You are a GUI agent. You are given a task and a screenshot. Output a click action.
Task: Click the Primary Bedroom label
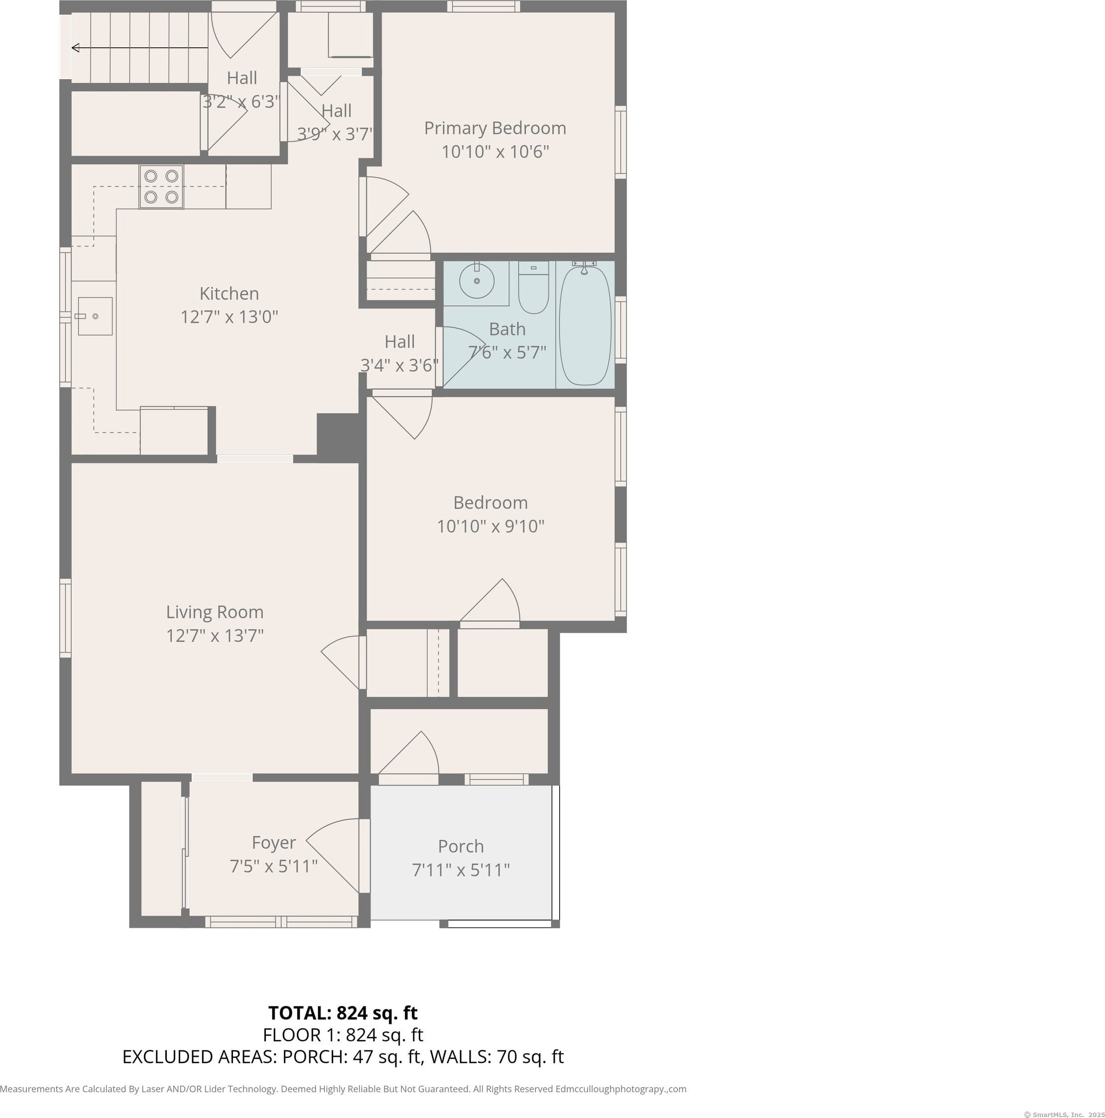(x=495, y=128)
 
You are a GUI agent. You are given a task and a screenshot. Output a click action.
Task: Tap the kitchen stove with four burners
(x=161, y=186)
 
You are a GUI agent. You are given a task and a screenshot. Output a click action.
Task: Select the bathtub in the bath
(x=585, y=325)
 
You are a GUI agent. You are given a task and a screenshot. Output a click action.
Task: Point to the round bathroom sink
(x=477, y=281)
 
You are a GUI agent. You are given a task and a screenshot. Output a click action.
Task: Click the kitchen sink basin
(x=95, y=316)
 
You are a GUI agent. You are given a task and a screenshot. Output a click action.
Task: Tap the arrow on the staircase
(x=139, y=47)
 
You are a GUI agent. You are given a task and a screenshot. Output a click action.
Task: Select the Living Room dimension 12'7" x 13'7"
(x=215, y=635)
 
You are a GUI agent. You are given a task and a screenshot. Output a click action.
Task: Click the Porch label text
(x=461, y=846)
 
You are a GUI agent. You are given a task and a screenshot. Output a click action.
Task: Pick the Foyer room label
(x=274, y=843)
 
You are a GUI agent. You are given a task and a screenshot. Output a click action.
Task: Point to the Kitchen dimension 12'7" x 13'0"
(x=229, y=317)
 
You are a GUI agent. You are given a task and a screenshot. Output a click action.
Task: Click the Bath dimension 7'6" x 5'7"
(x=507, y=352)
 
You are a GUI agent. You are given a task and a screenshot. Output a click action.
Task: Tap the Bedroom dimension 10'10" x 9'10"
(x=491, y=526)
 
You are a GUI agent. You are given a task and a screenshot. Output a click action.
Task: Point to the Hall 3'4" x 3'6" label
(x=399, y=353)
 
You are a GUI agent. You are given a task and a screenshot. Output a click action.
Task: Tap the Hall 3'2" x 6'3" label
(x=242, y=90)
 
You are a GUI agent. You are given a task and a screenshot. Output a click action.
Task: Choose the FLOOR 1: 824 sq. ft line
(x=343, y=1035)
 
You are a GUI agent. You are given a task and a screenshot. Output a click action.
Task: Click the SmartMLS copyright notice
(x=1064, y=1114)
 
